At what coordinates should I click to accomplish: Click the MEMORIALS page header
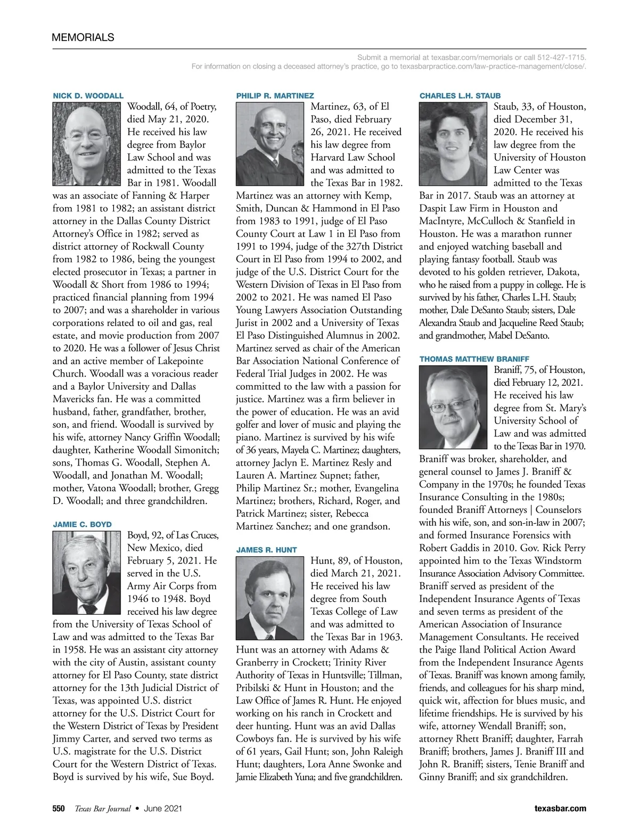[x=83, y=37]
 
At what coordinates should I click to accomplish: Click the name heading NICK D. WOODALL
[x=88, y=95]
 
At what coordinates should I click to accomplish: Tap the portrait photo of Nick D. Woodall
[x=87, y=144]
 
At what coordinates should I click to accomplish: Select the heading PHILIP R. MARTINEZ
[x=275, y=95]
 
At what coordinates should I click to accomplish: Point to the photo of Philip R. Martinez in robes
[x=271, y=144]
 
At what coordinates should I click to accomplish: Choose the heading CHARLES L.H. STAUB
[x=460, y=95]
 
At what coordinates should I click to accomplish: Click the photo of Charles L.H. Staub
[x=454, y=144]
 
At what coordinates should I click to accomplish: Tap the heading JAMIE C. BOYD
[x=82, y=524]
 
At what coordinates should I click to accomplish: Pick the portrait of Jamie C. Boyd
[x=87, y=573]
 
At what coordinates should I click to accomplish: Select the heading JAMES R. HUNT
[x=266, y=549]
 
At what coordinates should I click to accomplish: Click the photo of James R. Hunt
[x=271, y=598]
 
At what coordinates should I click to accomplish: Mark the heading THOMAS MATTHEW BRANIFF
[x=474, y=359]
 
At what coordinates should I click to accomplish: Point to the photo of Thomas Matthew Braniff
[x=454, y=408]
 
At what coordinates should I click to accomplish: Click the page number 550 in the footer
[x=59, y=808]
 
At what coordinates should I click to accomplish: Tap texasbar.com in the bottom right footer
[x=560, y=808]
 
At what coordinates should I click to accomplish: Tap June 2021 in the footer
[x=163, y=808]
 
